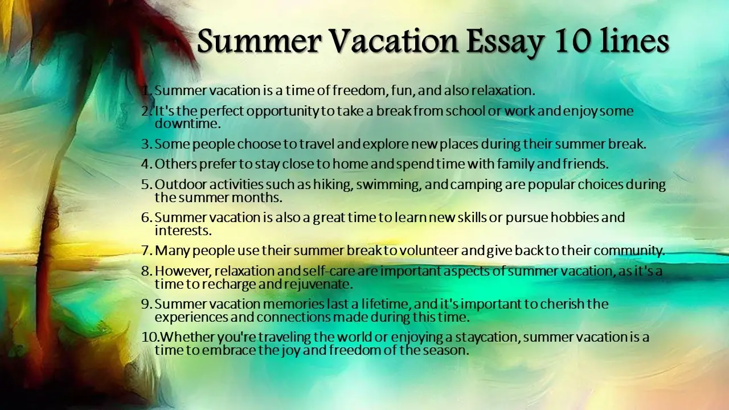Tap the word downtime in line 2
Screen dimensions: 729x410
[187, 124]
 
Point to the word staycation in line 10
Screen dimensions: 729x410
[487, 338]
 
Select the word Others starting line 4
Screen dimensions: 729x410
[175, 164]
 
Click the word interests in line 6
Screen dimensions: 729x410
[183, 231]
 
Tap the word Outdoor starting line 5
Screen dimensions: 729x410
[181, 185]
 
